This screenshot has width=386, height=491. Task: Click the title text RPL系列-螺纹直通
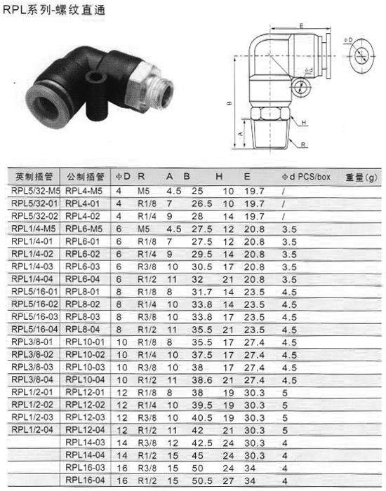pyautogui.click(x=54, y=10)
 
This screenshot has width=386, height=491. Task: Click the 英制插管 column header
pyautogui.click(x=34, y=177)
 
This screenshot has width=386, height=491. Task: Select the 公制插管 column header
pyautogui.click(x=85, y=177)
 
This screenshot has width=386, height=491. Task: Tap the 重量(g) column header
pyautogui.click(x=361, y=177)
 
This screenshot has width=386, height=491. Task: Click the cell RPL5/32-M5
pyautogui.click(x=36, y=191)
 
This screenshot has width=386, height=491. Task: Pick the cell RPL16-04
pyautogui.click(x=85, y=480)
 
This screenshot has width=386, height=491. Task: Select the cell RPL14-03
pyautogui.click(x=85, y=442)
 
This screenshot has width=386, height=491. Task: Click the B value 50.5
pyautogui.click(x=202, y=480)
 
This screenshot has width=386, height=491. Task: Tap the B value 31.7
pyautogui.click(x=202, y=292)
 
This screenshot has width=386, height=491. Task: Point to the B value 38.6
pyautogui.click(x=202, y=380)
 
